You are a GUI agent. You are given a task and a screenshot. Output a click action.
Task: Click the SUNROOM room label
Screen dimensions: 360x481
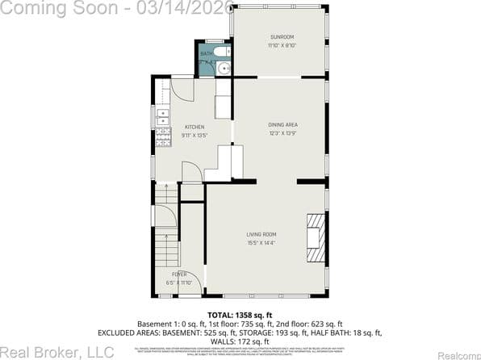[282, 37]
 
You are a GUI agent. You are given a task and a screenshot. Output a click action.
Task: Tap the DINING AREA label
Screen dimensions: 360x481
[283, 124]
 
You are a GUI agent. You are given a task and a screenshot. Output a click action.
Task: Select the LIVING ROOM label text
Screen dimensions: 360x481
[261, 234]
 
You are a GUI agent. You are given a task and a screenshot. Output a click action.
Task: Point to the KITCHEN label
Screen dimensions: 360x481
[194, 127]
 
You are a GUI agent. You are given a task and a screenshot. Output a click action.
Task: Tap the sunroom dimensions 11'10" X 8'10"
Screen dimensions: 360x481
[282, 46]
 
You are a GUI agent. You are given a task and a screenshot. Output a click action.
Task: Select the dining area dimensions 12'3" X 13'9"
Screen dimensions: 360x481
[283, 133]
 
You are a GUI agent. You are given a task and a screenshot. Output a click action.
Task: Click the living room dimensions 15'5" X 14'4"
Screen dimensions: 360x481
[261, 242]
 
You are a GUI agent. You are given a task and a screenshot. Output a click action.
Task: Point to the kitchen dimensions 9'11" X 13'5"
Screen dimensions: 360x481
[194, 136]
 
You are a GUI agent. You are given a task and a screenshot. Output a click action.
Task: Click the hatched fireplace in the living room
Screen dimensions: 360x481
[316, 239]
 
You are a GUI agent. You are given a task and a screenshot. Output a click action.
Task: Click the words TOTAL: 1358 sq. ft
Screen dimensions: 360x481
[241, 315]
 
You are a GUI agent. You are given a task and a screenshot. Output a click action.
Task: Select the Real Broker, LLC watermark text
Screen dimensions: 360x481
[57, 351]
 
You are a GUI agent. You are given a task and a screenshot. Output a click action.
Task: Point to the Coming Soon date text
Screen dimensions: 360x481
[118, 7]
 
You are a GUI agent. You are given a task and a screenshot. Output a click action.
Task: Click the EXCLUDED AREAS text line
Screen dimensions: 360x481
[240, 333]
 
